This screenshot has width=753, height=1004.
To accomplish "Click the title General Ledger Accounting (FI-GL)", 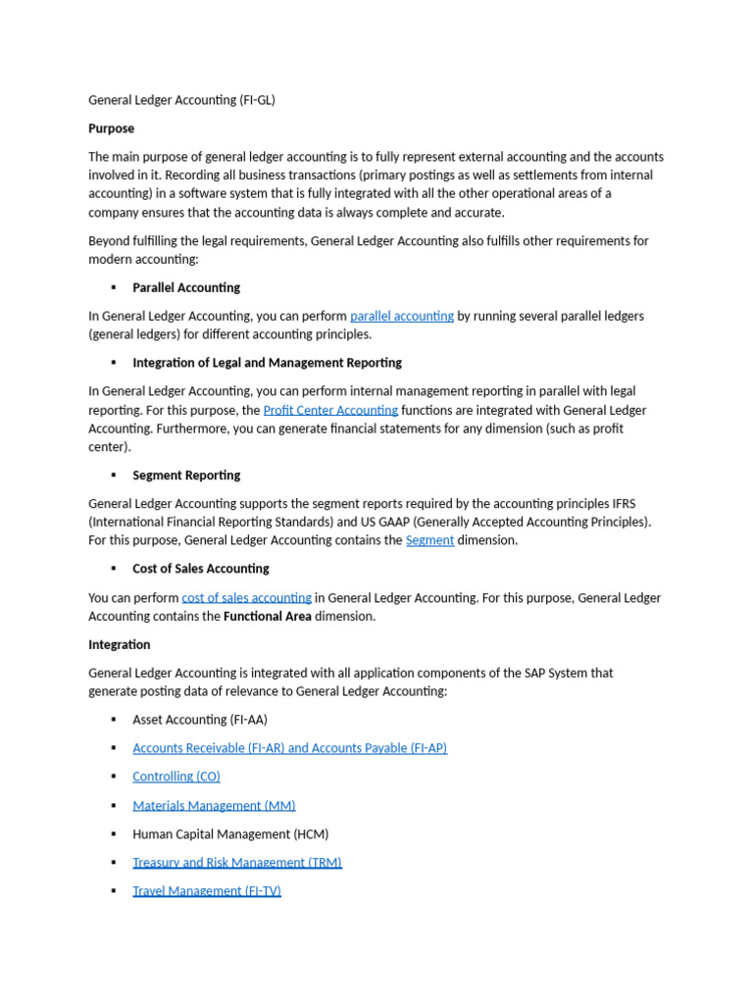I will coord(181,100).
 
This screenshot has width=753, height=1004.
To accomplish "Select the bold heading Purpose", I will coord(111,128).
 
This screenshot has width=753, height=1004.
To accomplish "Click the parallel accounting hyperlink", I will coord(401,316).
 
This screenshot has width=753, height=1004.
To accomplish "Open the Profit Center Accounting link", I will coord(330,410).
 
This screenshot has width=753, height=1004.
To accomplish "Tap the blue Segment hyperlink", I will coord(429,540).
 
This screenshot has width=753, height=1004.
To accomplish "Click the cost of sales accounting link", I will coord(246,597).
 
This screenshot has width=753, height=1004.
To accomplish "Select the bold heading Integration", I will coord(120,644).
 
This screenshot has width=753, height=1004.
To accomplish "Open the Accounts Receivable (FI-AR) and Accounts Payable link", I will coord(289,748).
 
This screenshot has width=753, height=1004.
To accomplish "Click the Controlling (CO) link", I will coord(176,777).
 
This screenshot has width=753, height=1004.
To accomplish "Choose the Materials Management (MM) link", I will coord(214,806).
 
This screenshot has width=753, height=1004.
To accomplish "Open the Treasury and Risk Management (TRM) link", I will coord(237,863).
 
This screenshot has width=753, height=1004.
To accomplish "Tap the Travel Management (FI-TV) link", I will coord(207,891).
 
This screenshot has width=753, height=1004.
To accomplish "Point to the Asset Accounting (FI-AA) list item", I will coord(200,720).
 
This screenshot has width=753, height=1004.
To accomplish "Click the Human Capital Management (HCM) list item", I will coord(230,834).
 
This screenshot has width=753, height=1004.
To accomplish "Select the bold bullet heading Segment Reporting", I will coord(186,476).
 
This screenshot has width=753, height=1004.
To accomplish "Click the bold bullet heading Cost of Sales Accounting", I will coord(201,569).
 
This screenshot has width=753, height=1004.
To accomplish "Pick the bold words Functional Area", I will coord(268,617).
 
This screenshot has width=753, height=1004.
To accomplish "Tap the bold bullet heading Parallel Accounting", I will coord(186,287).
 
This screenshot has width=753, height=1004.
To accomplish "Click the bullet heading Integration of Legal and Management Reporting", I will coord(267,363).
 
